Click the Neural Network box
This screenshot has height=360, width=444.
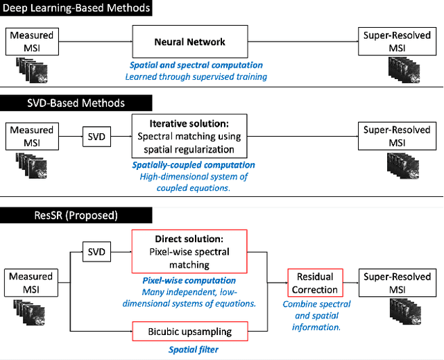(x=189, y=42)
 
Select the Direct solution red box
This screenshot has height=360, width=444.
(x=189, y=252)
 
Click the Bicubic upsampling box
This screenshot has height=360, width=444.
(x=189, y=332)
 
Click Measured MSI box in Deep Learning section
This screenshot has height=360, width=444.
(x=30, y=42)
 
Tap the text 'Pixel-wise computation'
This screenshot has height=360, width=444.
(x=189, y=281)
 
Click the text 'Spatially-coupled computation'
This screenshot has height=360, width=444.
(x=194, y=165)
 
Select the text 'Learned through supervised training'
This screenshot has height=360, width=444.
(x=196, y=76)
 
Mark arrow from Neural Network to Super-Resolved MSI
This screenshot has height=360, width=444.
(x=302, y=42)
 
